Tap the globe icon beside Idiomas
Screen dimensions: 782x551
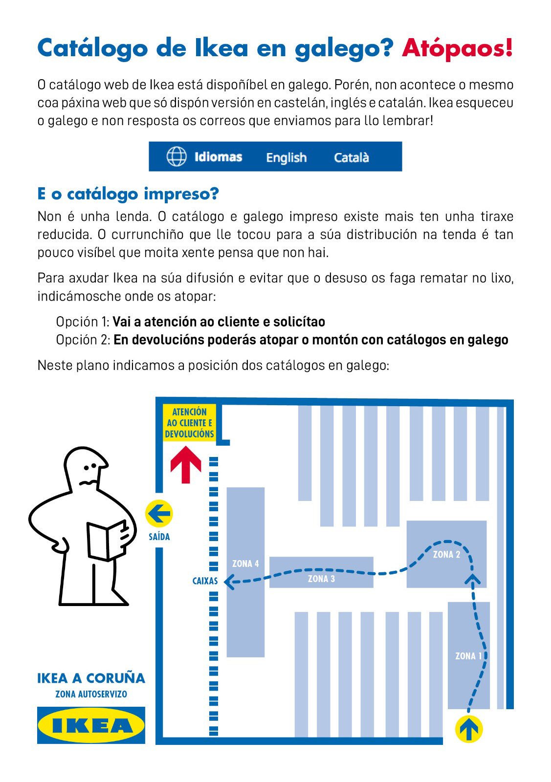pos(176,157)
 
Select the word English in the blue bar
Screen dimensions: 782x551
pos(286,157)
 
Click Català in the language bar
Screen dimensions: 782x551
pos(351,157)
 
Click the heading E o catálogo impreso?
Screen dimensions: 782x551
pos(128,194)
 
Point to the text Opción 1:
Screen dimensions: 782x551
pos(83,322)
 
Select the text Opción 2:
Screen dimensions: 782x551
pos(83,340)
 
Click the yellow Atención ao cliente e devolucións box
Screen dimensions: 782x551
pos(189,423)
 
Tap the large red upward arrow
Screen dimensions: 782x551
pos(186,464)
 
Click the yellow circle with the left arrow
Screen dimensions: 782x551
pos(159,514)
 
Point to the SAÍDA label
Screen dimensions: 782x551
pos(159,537)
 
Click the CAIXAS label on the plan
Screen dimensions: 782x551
pos(205,581)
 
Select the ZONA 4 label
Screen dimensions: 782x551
pos(245,564)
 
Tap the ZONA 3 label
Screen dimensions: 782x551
pos(321,579)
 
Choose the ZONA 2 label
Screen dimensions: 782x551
pos(446,554)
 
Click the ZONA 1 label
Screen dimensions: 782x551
pos(468,656)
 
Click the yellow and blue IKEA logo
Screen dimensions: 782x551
pos(91,725)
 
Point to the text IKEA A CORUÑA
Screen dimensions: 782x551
pos(91,678)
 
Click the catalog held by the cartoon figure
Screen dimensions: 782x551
pos(107,540)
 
